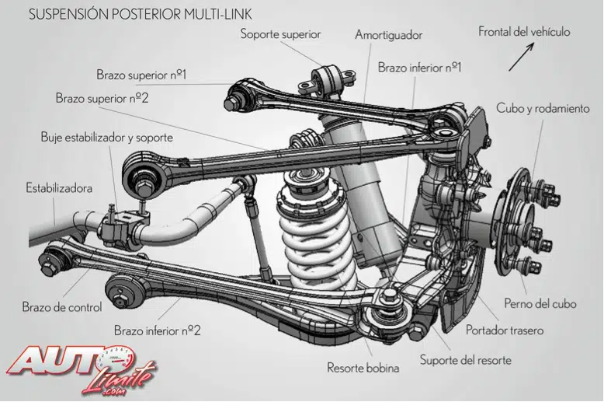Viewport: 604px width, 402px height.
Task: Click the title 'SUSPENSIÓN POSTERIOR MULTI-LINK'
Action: (x=140, y=15)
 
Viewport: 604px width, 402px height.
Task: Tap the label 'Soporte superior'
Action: (x=280, y=34)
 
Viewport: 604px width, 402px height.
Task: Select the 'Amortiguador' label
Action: (x=388, y=36)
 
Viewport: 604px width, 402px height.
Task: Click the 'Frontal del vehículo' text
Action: (x=524, y=32)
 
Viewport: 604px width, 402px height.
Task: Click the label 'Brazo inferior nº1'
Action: (x=420, y=67)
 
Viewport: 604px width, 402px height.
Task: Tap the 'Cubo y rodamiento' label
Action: (x=543, y=109)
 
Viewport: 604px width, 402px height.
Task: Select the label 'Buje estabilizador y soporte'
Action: (x=106, y=138)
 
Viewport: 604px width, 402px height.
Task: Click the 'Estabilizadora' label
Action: (x=59, y=188)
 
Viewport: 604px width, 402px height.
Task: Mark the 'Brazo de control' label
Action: (x=62, y=307)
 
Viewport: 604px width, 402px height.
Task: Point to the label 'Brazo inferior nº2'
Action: (x=158, y=330)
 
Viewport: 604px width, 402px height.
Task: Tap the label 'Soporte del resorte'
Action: (x=467, y=359)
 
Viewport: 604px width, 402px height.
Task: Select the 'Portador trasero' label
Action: (x=505, y=330)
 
